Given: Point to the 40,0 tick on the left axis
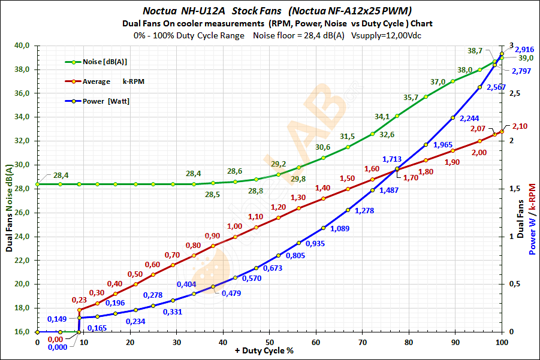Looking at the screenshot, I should coord(22,46).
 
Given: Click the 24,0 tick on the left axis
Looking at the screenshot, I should coord(22,237).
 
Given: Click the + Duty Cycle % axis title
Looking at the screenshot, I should coord(269,351).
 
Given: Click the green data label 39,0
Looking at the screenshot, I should coord(526,58).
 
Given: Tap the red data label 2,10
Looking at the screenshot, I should coord(520,126).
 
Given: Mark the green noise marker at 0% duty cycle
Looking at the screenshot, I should coord(38,184).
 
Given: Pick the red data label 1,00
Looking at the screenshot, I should coord(235,226).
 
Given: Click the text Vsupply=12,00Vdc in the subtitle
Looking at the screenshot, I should coord(381,35).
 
